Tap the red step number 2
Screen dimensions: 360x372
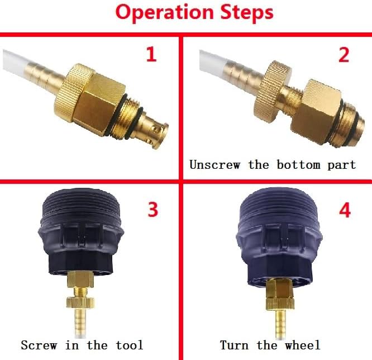[x=344, y=55]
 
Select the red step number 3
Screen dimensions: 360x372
[x=152, y=209]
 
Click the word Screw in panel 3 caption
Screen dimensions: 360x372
[x=39, y=345]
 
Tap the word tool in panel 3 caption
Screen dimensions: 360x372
[x=128, y=345]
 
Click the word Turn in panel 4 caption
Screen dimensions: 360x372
[x=234, y=345]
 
